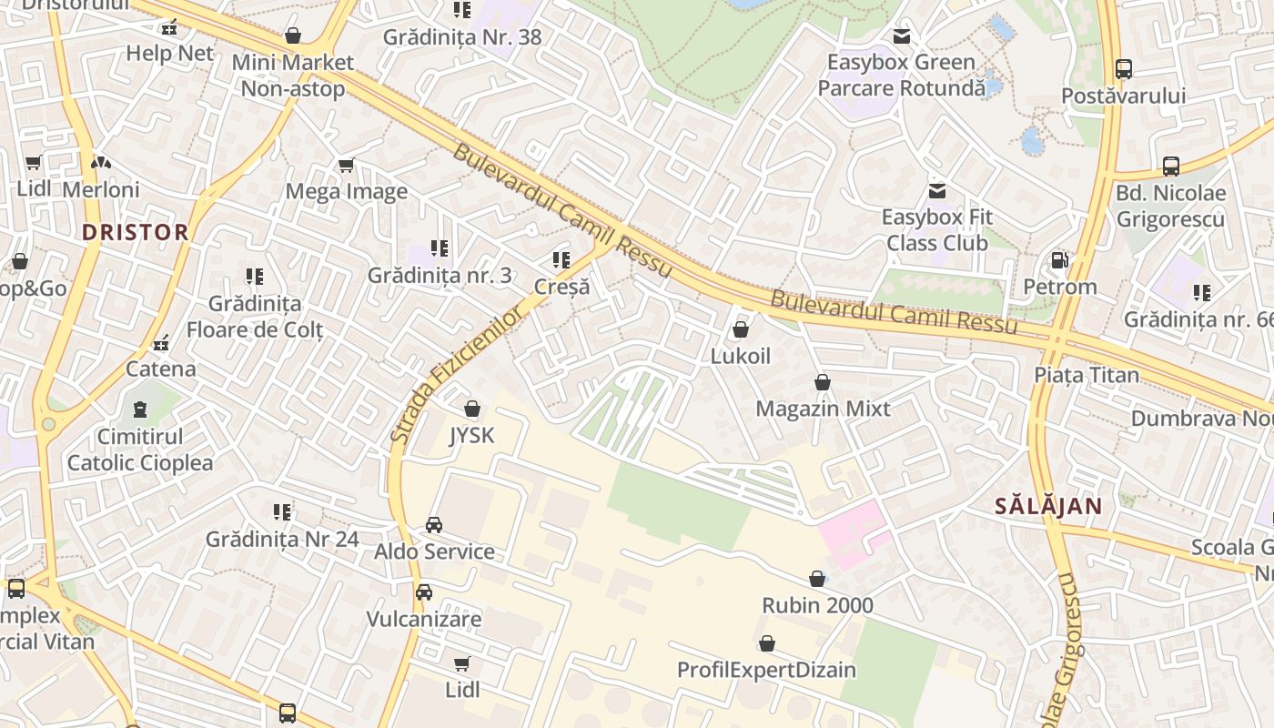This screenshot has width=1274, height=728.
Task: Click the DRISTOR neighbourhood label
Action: (136, 232)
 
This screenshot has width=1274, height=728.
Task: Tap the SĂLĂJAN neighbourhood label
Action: (1048, 506)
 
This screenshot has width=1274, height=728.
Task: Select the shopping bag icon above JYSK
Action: (471, 409)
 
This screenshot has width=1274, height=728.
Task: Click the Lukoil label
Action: (740, 356)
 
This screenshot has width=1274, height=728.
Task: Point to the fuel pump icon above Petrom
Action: (1059, 260)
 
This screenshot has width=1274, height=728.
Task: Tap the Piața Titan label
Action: (1087, 375)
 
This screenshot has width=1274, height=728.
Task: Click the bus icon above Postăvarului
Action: (1124, 69)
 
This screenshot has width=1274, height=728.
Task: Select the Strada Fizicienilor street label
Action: (458, 374)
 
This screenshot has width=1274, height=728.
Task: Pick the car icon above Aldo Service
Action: (434, 525)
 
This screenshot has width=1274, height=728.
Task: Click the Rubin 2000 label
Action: (817, 605)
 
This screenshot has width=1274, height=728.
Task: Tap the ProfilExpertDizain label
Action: (766, 671)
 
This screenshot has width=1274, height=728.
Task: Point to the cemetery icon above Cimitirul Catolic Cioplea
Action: (140, 409)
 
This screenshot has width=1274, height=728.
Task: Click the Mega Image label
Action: (346, 191)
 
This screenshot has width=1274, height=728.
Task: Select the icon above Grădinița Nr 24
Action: (282, 512)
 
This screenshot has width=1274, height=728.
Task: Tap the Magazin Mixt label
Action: (823, 409)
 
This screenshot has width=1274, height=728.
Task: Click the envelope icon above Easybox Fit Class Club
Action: (936, 191)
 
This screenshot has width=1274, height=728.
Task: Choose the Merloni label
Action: (101, 189)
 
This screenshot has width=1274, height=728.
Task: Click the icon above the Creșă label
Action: (561, 260)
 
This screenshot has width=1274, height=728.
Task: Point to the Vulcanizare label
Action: (423, 619)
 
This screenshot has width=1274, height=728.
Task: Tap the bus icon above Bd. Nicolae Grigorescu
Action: (1170, 167)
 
